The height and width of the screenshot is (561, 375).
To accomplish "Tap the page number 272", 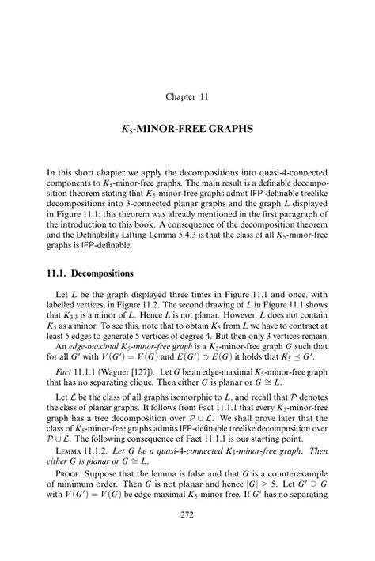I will point(187,538).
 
